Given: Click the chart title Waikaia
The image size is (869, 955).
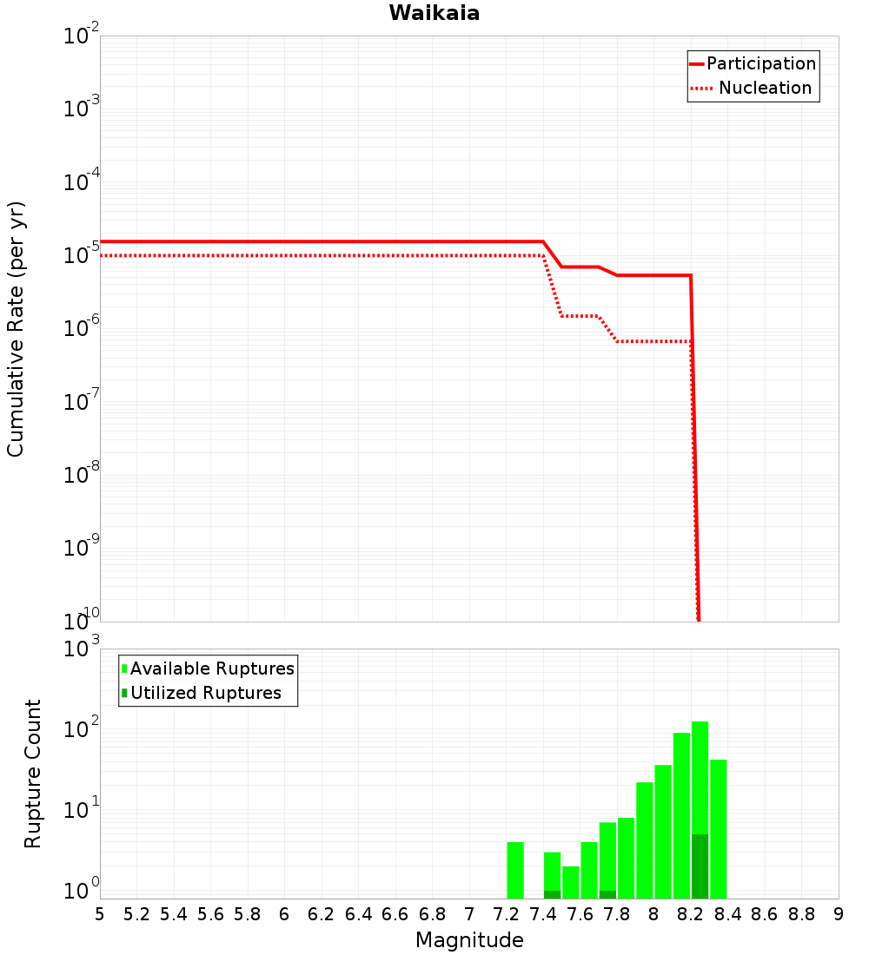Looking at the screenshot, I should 434,13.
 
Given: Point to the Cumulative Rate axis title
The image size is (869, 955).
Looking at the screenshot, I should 16,328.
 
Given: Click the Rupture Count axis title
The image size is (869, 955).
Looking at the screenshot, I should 33,774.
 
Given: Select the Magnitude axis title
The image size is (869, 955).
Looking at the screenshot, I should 469,940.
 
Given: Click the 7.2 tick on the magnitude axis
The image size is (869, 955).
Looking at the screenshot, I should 506,914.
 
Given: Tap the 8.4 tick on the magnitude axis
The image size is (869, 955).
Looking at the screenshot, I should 727,914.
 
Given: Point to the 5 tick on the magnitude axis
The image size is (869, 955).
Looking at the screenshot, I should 100,914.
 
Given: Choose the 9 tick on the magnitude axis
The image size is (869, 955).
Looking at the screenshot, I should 839,914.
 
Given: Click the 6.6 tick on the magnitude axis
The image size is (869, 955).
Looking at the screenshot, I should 395,914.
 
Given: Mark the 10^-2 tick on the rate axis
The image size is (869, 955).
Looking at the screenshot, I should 82,36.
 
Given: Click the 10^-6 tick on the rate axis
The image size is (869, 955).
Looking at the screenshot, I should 82,329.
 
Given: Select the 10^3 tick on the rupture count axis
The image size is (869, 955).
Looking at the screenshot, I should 82,649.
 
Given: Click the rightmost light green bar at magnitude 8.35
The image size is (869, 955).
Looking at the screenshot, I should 718,829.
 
